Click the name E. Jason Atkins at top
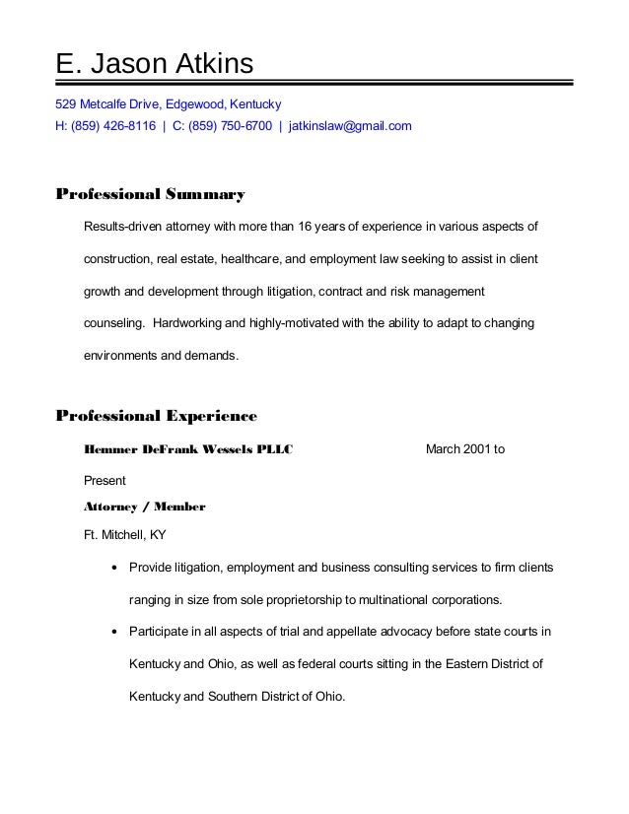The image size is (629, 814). [154, 65]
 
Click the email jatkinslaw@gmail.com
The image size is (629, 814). [350, 127]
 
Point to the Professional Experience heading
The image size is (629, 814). [156, 415]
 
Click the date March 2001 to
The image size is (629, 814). [465, 450]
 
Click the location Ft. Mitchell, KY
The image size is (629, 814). [125, 536]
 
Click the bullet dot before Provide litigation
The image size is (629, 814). [116, 570]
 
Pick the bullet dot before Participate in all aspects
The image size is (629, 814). [116, 632]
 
